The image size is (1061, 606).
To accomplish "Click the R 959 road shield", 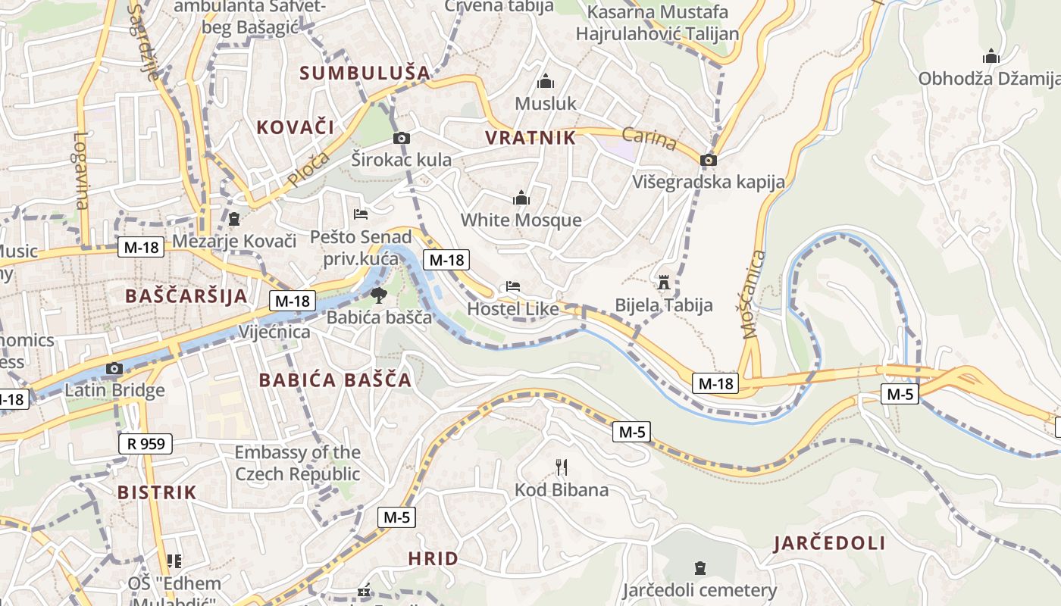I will tap(146, 443).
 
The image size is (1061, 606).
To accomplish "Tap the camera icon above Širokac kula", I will tap(402, 138).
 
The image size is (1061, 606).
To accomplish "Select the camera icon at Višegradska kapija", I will tap(709, 160).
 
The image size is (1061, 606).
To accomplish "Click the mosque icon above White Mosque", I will tap(521, 198).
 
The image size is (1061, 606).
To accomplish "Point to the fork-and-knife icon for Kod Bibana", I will tap(562, 467).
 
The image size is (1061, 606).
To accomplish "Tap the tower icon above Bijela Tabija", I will tap(664, 283).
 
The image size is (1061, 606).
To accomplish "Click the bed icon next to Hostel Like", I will tap(513, 286).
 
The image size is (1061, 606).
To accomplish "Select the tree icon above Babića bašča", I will tap(378, 295).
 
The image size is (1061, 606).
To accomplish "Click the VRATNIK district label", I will tap(530, 138).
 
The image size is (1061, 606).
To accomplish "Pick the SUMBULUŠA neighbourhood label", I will tap(365, 73).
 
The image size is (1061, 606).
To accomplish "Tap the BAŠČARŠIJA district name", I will tap(186, 295).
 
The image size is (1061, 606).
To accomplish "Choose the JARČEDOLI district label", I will tap(829, 543).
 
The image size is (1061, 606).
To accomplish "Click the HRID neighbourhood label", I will tap(433, 559).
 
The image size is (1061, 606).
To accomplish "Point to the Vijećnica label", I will tap(274, 332).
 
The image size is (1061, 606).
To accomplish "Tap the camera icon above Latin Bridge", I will tap(114, 369).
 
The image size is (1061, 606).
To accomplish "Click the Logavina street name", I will tap(81, 170).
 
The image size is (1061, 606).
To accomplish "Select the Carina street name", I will tap(649, 139).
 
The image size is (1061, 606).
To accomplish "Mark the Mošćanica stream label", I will tap(750, 294).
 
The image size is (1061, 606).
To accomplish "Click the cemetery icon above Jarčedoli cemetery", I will tap(700, 568).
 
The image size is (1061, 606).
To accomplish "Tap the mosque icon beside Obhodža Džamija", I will tap(991, 57).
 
